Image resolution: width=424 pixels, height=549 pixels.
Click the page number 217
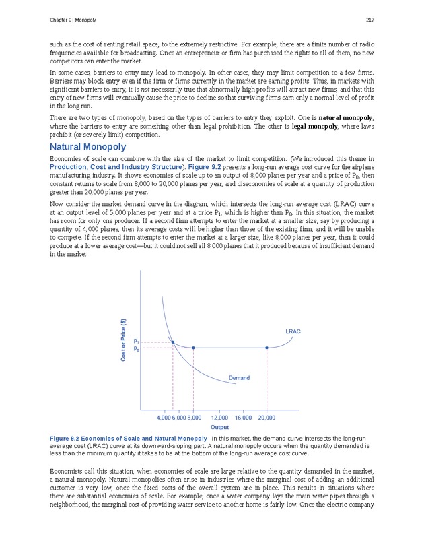(369, 18)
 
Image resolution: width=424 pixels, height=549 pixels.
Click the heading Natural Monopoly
(87, 147)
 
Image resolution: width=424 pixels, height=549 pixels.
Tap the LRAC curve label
(293, 331)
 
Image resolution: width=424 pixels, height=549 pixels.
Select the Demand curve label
(238, 378)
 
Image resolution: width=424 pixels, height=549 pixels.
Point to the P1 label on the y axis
(137, 342)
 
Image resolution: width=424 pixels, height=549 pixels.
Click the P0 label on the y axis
(137, 349)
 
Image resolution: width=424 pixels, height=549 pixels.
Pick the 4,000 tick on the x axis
(164, 418)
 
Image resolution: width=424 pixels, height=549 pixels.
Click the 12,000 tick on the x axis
(221, 418)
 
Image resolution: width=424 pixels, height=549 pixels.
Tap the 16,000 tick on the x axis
(244, 418)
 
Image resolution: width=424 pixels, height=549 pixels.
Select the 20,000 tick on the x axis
(267, 418)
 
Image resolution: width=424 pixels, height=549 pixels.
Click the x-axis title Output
(219, 427)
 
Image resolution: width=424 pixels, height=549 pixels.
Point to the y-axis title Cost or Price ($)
(123, 340)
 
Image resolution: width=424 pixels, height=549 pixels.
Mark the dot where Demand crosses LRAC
(173, 342)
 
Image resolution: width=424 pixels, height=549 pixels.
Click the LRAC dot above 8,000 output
(194, 348)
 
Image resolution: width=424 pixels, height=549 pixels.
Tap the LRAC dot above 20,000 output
(267, 348)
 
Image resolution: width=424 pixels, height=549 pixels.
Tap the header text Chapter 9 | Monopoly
(73, 18)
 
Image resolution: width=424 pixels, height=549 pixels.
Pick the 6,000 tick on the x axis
(178, 418)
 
